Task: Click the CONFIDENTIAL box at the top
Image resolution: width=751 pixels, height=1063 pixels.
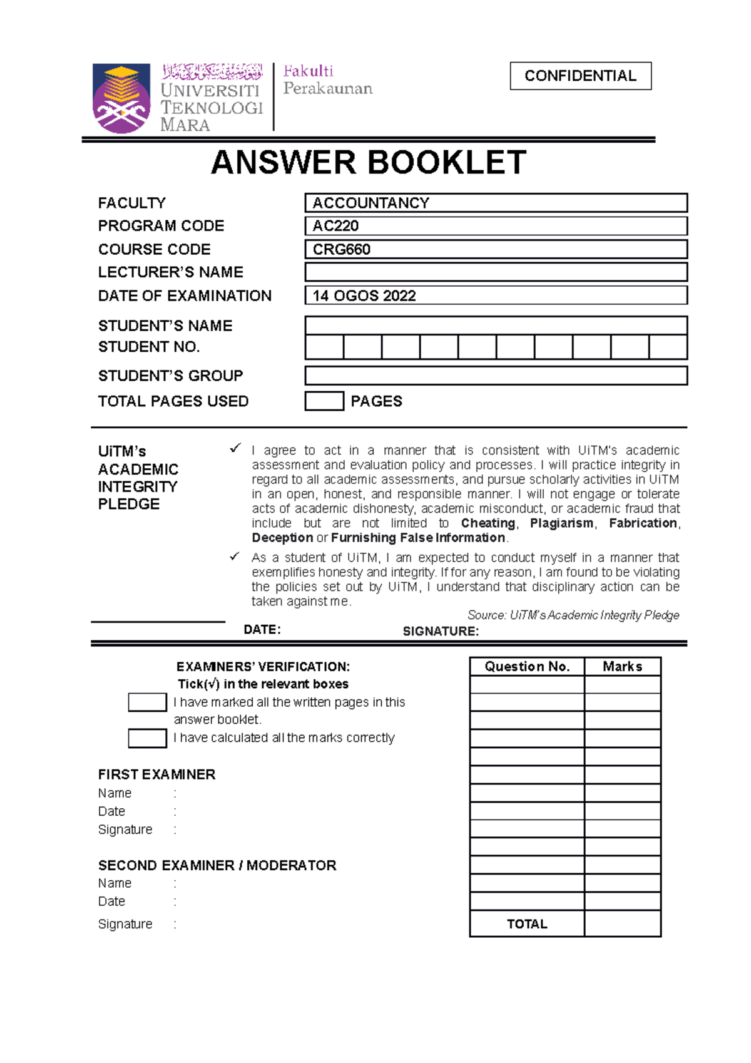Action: tap(580, 76)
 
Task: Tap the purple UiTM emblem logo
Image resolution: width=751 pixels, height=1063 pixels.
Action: tap(121, 98)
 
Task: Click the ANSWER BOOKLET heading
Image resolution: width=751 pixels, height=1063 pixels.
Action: tap(369, 163)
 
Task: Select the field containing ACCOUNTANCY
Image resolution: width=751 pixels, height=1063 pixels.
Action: tap(496, 203)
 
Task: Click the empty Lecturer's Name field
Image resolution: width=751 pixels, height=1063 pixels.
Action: tap(496, 272)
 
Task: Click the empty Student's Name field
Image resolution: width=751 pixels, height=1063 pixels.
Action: tap(496, 326)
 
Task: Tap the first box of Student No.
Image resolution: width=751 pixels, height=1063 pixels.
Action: tap(324, 347)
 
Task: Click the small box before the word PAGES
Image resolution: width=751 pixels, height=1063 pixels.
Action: tap(324, 401)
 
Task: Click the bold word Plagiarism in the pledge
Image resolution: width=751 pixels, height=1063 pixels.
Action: tap(561, 523)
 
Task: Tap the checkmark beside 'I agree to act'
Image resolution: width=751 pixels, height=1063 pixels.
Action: tap(235, 448)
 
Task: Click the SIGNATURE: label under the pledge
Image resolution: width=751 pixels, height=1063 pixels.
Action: tap(441, 631)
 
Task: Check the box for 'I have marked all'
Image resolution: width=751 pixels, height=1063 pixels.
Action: tap(147, 702)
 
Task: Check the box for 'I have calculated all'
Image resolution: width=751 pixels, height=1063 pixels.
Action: tap(147, 738)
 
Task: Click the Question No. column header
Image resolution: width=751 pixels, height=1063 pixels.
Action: tap(527, 667)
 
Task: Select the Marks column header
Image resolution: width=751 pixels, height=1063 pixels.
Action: tap(622, 667)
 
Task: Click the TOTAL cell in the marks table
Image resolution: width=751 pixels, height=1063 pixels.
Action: tap(527, 924)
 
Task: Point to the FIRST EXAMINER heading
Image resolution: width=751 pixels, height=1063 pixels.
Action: tap(156, 774)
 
